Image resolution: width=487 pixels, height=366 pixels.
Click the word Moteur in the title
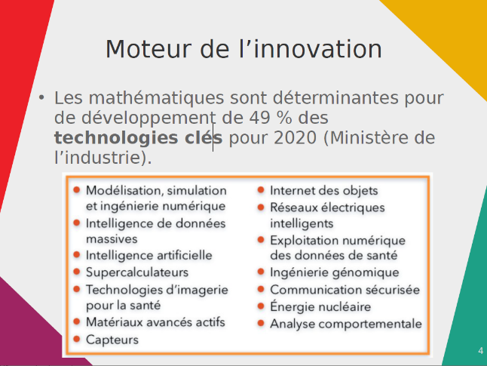click(149, 49)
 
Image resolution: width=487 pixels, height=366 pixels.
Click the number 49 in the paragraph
click(259, 118)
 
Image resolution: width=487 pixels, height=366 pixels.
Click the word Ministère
click(372, 138)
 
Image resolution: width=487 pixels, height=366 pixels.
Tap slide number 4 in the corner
click(481, 351)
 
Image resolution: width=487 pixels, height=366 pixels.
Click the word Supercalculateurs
click(137, 272)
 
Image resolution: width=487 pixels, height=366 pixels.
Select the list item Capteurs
click(112, 340)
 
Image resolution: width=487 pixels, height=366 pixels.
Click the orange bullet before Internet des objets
click(261, 189)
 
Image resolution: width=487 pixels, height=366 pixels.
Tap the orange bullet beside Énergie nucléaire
click(261, 306)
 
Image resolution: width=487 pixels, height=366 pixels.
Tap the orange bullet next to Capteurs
click(77, 339)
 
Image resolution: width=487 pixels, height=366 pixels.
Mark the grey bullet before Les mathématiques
click(41, 97)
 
